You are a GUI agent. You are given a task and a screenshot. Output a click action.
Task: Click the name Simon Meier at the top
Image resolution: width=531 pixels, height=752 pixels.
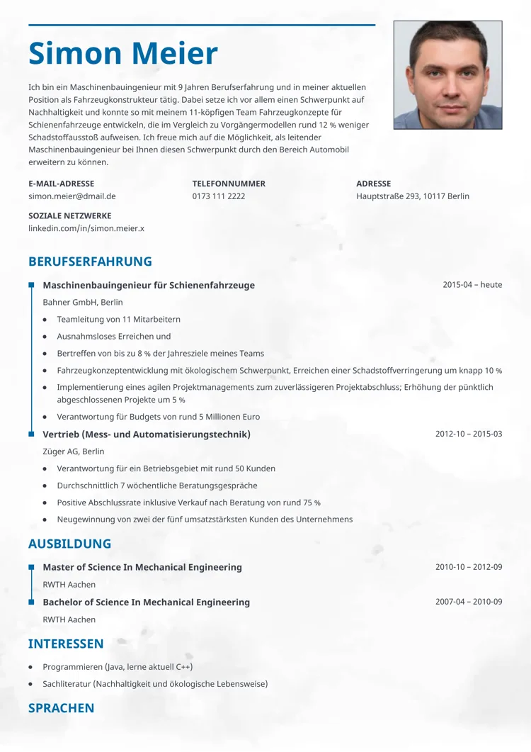pyautogui.click(x=123, y=55)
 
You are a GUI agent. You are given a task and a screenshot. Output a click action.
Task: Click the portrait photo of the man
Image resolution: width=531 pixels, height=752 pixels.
pyautogui.click(x=447, y=75)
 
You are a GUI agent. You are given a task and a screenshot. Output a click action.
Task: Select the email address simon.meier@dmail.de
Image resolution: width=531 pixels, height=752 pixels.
pyautogui.click(x=72, y=196)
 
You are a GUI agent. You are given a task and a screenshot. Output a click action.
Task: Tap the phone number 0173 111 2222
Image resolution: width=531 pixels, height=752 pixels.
pyautogui.click(x=219, y=196)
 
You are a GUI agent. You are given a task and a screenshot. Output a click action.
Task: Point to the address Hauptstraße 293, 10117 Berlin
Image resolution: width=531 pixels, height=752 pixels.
pyautogui.click(x=413, y=196)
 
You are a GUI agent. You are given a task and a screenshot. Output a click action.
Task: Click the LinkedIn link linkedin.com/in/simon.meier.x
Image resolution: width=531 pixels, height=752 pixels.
pyautogui.click(x=86, y=228)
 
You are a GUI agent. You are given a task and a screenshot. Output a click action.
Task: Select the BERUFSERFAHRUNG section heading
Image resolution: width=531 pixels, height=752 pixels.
pyautogui.click(x=90, y=262)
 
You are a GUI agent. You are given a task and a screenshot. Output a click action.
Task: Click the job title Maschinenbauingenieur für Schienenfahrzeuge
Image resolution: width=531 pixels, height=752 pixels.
pyautogui.click(x=149, y=286)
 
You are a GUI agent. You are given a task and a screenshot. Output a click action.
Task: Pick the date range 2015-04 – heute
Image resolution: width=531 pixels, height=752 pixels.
pyautogui.click(x=472, y=285)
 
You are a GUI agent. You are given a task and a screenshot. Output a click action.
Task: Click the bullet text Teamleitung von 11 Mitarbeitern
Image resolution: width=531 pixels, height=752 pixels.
pyautogui.click(x=119, y=320)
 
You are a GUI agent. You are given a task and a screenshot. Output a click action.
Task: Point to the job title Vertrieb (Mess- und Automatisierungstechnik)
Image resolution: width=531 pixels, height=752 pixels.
pyautogui.click(x=147, y=434)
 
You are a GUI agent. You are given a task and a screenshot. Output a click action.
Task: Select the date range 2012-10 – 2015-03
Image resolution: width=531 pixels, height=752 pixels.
pyautogui.click(x=469, y=434)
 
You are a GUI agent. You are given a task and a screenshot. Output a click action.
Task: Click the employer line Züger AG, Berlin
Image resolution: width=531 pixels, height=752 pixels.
pyautogui.click(x=74, y=451)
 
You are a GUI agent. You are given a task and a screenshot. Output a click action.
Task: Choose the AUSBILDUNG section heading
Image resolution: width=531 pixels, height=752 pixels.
pyautogui.click(x=70, y=544)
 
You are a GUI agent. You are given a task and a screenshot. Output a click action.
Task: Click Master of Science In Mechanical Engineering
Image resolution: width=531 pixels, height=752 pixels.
pyautogui.click(x=142, y=568)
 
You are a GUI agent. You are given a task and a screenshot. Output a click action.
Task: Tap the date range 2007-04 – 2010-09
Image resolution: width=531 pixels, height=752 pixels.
pyautogui.click(x=469, y=602)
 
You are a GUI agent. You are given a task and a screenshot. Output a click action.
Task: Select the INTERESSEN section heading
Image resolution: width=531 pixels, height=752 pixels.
pyautogui.click(x=66, y=644)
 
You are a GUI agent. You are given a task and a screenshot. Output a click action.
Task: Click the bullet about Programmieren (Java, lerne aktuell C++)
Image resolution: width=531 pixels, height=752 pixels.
pyautogui.click(x=118, y=667)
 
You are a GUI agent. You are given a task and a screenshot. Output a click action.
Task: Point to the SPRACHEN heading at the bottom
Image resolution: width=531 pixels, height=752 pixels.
pyautogui.click(x=62, y=708)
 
